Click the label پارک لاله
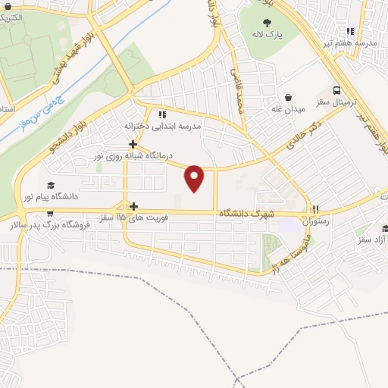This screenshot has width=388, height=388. pyautogui.click(x=268, y=36)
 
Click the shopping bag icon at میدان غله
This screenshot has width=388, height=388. pyautogui.click(x=289, y=97)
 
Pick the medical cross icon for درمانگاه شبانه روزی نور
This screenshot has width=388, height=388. pyautogui.click(x=133, y=143)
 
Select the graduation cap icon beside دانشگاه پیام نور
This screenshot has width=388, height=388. pyautogui.click(x=51, y=185)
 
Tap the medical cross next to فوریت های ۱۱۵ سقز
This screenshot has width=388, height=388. pyautogui.click(x=133, y=206)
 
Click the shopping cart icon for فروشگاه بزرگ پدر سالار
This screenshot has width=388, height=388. pyautogui.click(x=50, y=213)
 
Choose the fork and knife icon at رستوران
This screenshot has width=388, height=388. pyautogui.click(x=315, y=210)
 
